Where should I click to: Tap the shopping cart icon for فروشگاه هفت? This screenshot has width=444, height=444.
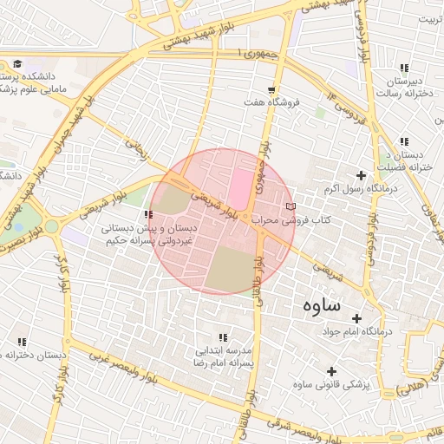point(272,89)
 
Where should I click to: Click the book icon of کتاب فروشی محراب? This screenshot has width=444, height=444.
point(290,206)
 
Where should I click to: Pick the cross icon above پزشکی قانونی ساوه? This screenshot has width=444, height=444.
point(332,371)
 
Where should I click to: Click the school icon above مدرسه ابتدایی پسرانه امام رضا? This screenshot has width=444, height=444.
point(224,337)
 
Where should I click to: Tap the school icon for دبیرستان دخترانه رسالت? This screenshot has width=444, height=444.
point(404,68)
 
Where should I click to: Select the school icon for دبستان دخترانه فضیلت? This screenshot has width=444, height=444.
point(404,141)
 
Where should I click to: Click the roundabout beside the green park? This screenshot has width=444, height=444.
point(51,226)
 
